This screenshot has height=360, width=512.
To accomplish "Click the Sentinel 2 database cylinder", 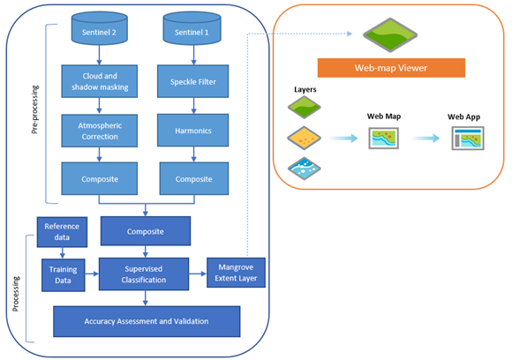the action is [99, 28].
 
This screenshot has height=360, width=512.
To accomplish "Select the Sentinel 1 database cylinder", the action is [192, 28].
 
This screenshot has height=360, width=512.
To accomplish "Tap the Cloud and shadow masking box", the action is [99, 81].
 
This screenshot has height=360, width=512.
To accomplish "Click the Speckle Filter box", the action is [193, 81].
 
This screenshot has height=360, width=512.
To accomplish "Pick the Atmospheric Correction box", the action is [99, 131].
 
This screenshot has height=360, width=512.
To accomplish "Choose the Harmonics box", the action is [193, 131].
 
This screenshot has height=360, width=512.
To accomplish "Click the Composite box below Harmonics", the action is [194, 179].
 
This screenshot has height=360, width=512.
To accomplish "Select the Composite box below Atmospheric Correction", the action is [99, 179].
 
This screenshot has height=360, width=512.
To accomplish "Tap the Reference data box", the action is [62, 232].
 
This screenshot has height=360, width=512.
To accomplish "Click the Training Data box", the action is [64, 275].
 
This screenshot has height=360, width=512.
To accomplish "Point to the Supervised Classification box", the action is [144, 274].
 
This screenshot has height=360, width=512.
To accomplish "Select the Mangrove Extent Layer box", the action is [236, 273].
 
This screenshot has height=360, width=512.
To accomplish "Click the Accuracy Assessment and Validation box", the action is [147, 321].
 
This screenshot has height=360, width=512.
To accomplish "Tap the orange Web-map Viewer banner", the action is [391, 68].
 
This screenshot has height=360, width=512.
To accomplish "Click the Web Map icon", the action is [384, 139].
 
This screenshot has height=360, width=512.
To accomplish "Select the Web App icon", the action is [468, 139].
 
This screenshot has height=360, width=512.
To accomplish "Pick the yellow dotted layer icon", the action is [304, 138].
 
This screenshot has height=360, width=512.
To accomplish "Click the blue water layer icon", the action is [304, 169].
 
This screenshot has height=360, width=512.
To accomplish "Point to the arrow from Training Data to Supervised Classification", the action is [92, 274].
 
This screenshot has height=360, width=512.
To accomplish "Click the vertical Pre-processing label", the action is [35, 109].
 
